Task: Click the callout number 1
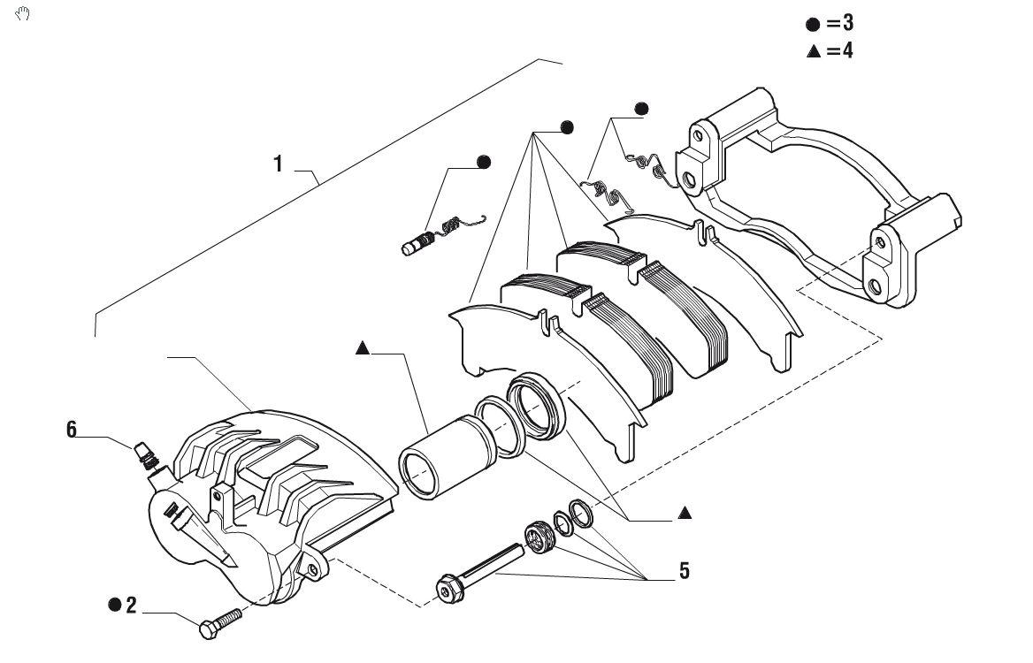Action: [278, 164]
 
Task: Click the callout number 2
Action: [131, 605]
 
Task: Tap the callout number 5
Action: [685, 571]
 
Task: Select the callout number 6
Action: [71, 430]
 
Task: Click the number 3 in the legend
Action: [848, 23]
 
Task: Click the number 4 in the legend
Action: [847, 50]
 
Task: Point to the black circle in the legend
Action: [813, 25]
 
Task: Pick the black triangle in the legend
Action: [814, 51]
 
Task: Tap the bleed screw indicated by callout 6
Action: [146, 455]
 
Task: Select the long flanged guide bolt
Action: [481, 572]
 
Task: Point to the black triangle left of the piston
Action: [362, 348]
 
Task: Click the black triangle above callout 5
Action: [685, 512]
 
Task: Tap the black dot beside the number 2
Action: [115, 605]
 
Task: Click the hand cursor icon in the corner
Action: [22, 13]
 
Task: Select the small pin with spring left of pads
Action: [443, 233]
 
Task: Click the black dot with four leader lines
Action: [567, 127]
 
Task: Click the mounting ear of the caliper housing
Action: [311, 567]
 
